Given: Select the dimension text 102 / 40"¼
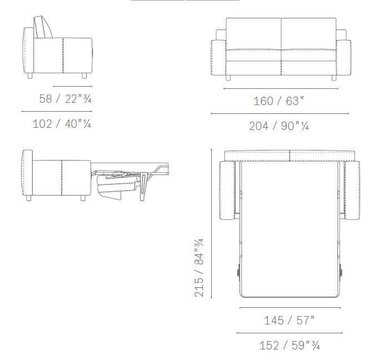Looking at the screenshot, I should coord(62,123).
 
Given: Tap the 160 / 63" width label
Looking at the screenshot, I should coord(279,101).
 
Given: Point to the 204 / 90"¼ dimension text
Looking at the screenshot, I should coord(279,126).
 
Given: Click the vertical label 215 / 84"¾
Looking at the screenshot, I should coord(199,268).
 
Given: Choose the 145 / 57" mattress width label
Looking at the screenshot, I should coord(289,320).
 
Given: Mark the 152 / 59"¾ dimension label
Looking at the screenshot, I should coord(289,346).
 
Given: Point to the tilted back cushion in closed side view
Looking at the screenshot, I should coord(44,27).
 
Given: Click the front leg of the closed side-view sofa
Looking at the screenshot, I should coord(83,76).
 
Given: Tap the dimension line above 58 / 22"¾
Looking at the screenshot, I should coord(73,87).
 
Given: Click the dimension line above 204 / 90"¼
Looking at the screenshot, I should coord(280,114).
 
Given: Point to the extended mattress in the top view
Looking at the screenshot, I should coord(289,233).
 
